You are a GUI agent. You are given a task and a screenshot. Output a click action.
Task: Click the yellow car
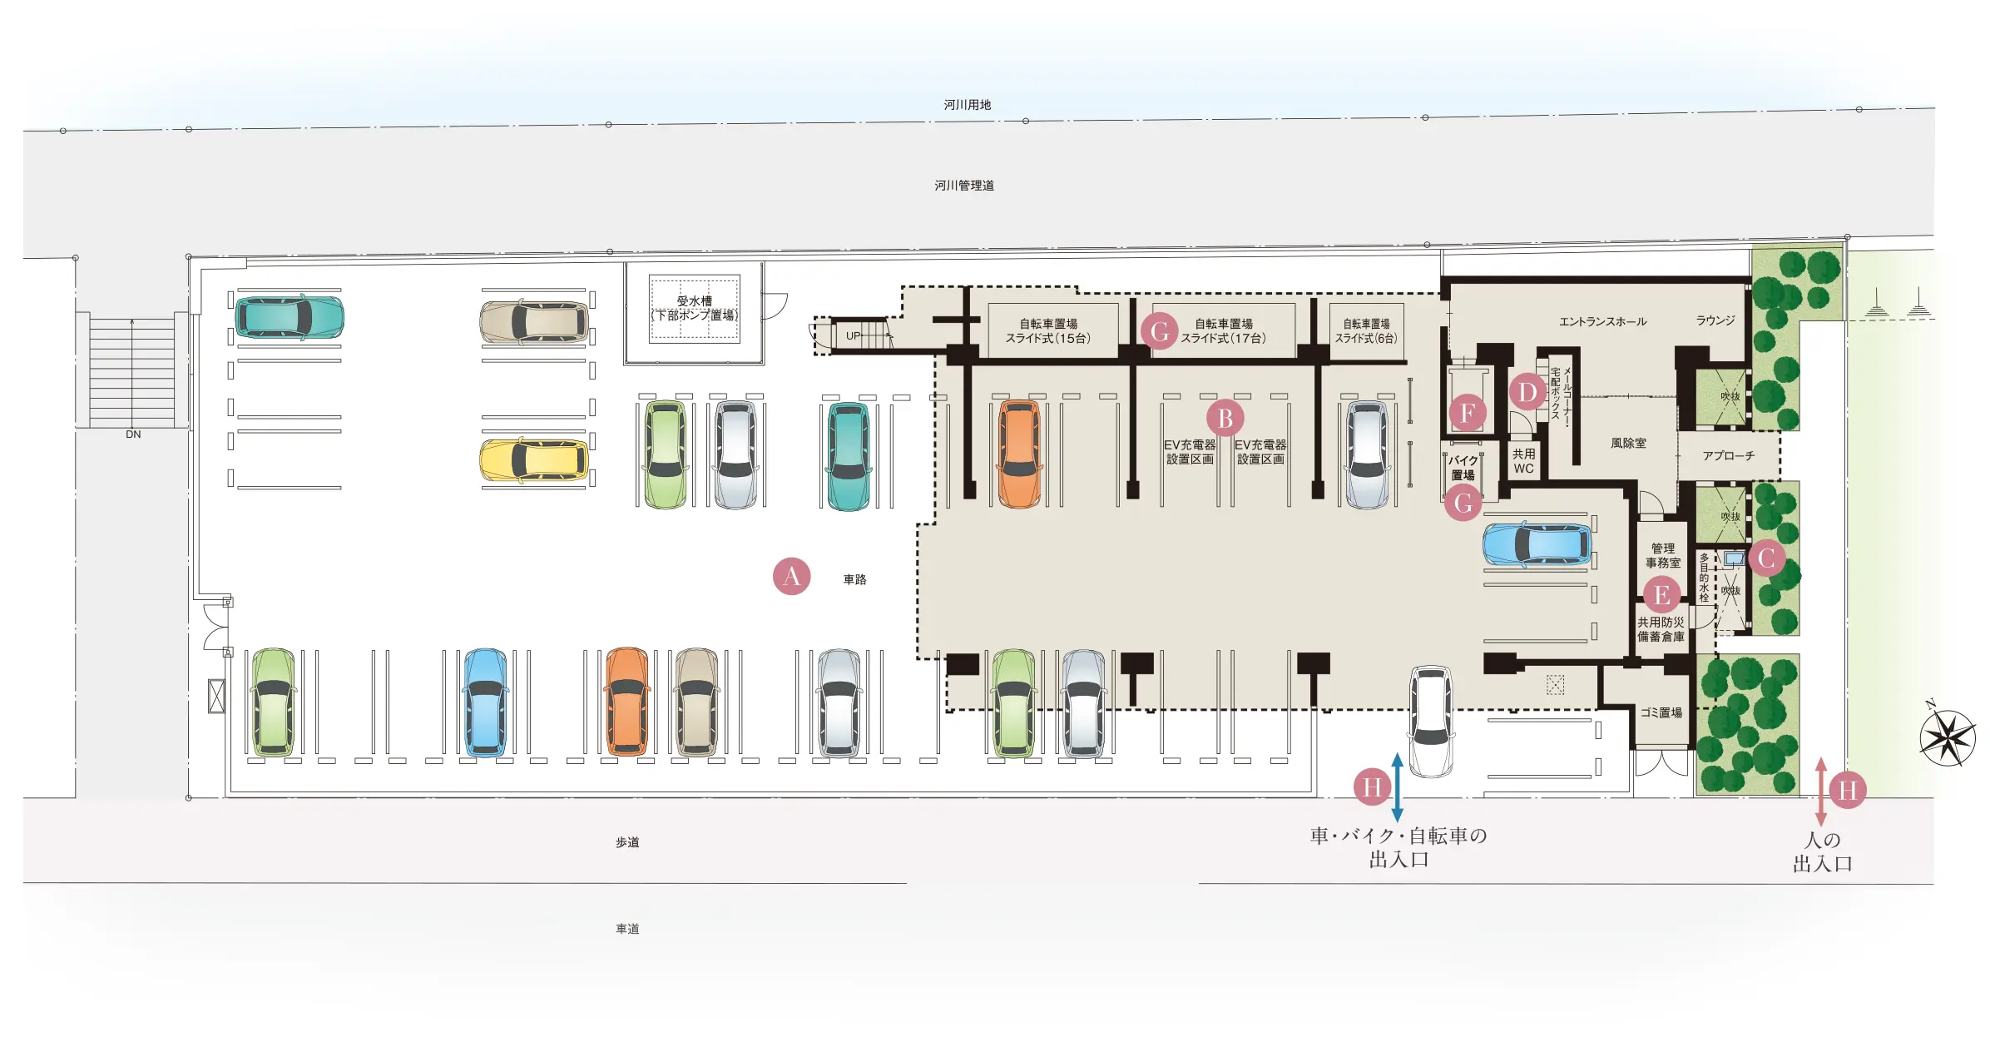(x=534, y=460)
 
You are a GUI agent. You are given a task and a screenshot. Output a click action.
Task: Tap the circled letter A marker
(x=791, y=576)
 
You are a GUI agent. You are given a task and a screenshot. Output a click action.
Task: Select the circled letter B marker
(x=1225, y=418)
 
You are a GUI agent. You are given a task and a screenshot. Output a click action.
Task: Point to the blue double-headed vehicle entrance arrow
(x=1397, y=787)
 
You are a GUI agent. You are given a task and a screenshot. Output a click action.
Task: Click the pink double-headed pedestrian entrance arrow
(x=1820, y=791)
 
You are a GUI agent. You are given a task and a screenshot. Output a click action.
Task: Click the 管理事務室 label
(x=1662, y=555)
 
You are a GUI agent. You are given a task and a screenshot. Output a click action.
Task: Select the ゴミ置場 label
(x=1661, y=712)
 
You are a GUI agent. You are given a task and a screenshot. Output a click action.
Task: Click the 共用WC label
(x=1523, y=461)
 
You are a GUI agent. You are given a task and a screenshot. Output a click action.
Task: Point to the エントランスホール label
(x=1602, y=321)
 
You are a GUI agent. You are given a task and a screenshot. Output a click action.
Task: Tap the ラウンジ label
(x=1715, y=320)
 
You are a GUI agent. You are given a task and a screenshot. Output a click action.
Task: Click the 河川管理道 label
(x=964, y=186)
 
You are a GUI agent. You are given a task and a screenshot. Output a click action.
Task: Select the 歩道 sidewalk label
(x=627, y=842)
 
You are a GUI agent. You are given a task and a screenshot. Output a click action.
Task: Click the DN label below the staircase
(x=133, y=434)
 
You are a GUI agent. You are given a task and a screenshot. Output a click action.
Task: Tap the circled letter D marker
(x=1527, y=391)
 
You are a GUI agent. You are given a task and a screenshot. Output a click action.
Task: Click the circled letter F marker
(x=1467, y=413)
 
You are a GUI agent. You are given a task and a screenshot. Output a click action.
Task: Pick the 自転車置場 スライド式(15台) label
(x=1047, y=330)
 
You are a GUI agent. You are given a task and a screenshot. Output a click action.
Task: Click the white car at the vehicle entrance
(x=1431, y=721)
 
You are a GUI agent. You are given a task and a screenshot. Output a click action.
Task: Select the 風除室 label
(x=1628, y=444)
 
